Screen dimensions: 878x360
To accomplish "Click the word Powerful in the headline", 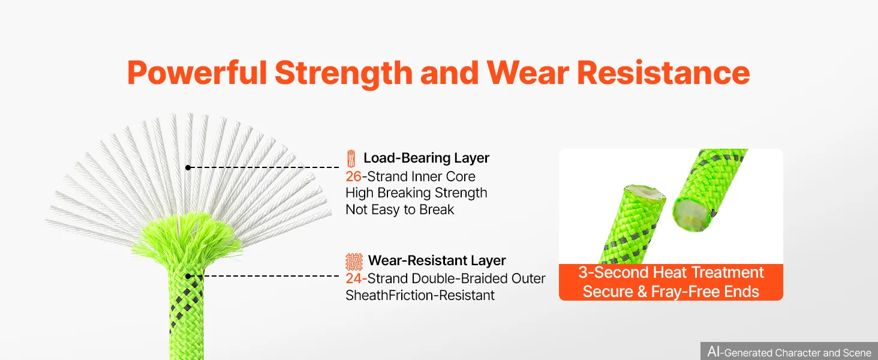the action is (197, 73).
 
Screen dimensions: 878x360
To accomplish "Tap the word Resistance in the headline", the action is (663, 73).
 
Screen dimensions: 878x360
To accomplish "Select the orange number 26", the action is (353, 176).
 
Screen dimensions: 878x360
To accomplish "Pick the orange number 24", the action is (354, 278).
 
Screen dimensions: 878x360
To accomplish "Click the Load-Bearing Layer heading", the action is (426, 158).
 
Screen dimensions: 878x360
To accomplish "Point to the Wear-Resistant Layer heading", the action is (437, 260).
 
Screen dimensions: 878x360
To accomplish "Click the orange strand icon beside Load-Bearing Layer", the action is (351, 158).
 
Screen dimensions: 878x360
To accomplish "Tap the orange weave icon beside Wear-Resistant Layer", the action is (354, 262).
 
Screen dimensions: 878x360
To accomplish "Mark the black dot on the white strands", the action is (188, 167).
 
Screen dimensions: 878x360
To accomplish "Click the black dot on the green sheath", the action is (188, 276).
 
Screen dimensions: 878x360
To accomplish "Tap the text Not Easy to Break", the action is (399, 210).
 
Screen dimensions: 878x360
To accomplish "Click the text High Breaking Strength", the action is (416, 193).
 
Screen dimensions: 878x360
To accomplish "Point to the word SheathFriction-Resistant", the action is (420, 295).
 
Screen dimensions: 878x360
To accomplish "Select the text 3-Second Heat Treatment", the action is (671, 272).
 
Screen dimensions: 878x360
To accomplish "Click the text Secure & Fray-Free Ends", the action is (671, 292).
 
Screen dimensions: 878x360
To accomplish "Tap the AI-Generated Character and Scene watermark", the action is (789, 352).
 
